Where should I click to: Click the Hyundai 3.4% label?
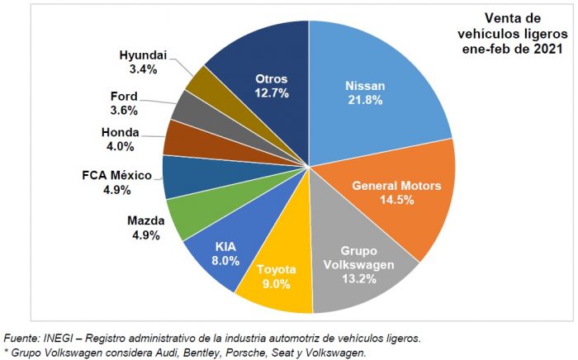pyautogui.click(x=142, y=62)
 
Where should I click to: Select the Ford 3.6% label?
pyautogui.click(x=123, y=102)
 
